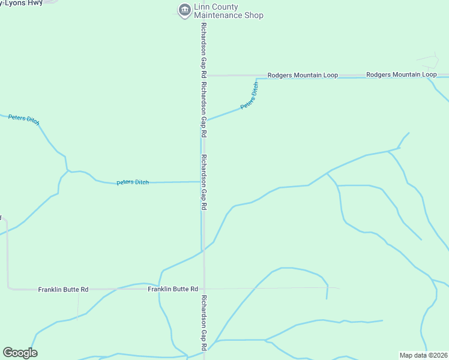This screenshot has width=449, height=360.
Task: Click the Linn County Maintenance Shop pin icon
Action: pyautogui.click(x=184, y=9)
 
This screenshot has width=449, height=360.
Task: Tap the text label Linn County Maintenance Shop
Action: pyautogui.click(x=229, y=11)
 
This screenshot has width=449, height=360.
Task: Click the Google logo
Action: pyautogui.click(x=20, y=353)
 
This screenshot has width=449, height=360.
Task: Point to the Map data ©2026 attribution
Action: pyautogui.click(x=423, y=355)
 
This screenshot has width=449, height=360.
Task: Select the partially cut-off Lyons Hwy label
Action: pyautogui.click(x=26, y=2)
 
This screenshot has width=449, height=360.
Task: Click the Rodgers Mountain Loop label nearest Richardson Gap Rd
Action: pyautogui.click(x=303, y=75)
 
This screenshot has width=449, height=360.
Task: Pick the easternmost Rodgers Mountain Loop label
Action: pyautogui.click(x=401, y=74)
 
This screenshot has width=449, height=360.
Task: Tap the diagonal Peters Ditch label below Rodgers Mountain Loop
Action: pyautogui.click(x=250, y=96)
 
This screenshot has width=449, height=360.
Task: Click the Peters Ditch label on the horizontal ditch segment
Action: pyautogui.click(x=133, y=182)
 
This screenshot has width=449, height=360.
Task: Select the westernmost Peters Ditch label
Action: pyautogui.click(x=24, y=119)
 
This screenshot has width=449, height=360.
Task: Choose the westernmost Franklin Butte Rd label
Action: pyautogui.click(x=63, y=289)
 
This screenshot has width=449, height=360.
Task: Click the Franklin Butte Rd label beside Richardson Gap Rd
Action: pyautogui.click(x=173, y=289)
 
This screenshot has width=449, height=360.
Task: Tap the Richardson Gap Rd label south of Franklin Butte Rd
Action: pyautogui.click(x=204, y=323)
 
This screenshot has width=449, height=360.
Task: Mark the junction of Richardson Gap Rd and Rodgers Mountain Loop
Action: pyautogui.click(x=204, y=76)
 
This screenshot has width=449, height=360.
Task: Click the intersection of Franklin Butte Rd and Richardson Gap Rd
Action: pyautogui.click(x=204, y=289)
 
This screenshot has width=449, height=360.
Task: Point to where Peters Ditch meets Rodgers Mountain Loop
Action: pyautogui.click(x=257, y=77)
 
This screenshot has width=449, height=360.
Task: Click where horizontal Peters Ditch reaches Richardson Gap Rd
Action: pyautogui.click(x=201, y=181)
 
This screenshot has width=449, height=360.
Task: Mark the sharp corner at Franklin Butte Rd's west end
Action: pyautogui.click(x=8, y=289)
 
